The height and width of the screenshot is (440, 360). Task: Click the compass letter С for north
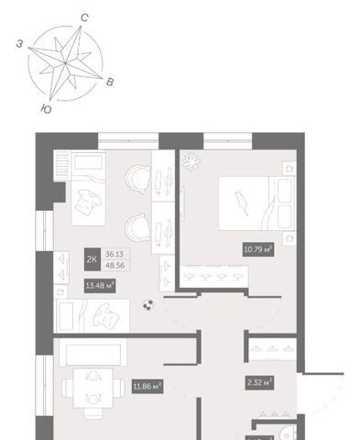pos(84,17)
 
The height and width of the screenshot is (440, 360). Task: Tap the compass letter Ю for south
pos(46,109)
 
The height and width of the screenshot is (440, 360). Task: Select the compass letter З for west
pos(19,44)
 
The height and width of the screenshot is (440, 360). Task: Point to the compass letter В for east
pos(110,82)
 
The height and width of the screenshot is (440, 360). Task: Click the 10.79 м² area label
pos(257,249)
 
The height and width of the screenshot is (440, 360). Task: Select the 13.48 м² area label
pos(100,286)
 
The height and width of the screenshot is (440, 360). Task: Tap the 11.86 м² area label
pos(147,386)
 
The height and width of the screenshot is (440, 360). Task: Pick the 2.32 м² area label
pos(259,382)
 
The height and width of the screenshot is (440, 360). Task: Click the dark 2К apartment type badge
pos(93,259)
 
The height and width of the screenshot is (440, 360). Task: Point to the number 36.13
pos(115,254)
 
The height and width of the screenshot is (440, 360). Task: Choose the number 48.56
pos(115,265)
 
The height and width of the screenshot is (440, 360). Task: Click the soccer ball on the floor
pos(148,305)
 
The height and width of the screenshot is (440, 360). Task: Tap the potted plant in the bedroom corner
pos(191,161)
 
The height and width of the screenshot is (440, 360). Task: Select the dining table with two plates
pos(93,388)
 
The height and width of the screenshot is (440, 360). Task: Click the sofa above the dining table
pos(93,352)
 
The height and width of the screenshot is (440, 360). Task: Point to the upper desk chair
pos(138,180)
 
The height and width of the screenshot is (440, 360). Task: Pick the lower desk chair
pos(138,227)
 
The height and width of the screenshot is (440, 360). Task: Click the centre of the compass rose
pos(65,63)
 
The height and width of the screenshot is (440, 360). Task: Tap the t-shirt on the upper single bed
pos(88,203)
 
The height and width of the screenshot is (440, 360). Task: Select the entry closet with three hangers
pos(273,347)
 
